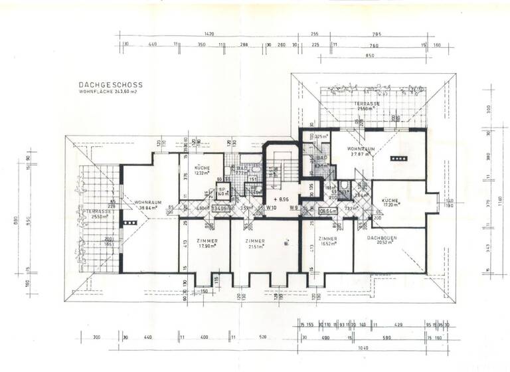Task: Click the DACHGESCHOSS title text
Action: [x=110, y=85]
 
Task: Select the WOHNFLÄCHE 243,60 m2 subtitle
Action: [x=109, y=92]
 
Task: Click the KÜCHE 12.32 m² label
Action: [x=202, y=169]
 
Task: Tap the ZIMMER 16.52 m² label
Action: [x=329, y=240]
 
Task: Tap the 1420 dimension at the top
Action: [x=209, y=34]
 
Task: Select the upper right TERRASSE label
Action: [x=366, y=105]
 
